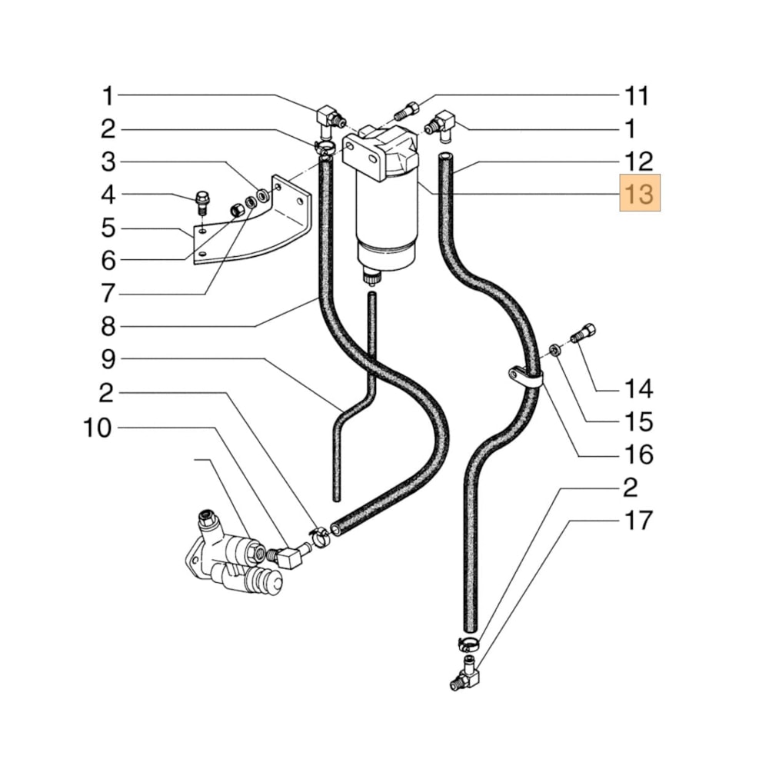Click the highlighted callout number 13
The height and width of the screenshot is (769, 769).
[640, 195]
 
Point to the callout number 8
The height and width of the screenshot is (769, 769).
[108, 327]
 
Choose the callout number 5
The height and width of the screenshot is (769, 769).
[108, 228]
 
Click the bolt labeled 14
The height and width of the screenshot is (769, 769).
[585, 335]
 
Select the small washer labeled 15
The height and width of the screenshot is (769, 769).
[554, 351]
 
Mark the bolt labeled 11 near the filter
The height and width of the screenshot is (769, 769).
[407, 112]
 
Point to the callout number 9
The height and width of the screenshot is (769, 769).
[108, 360]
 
